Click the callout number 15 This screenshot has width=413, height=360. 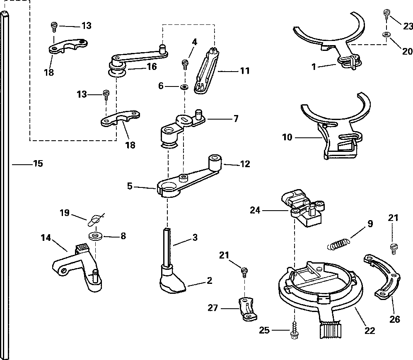38,163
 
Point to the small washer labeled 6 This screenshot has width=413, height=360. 183,87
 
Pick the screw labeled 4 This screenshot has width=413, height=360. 185,64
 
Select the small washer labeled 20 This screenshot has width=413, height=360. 386,35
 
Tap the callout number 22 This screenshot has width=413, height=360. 370,330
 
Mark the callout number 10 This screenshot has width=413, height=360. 287,137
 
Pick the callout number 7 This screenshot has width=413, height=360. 236,119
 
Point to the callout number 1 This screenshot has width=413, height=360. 314,66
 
